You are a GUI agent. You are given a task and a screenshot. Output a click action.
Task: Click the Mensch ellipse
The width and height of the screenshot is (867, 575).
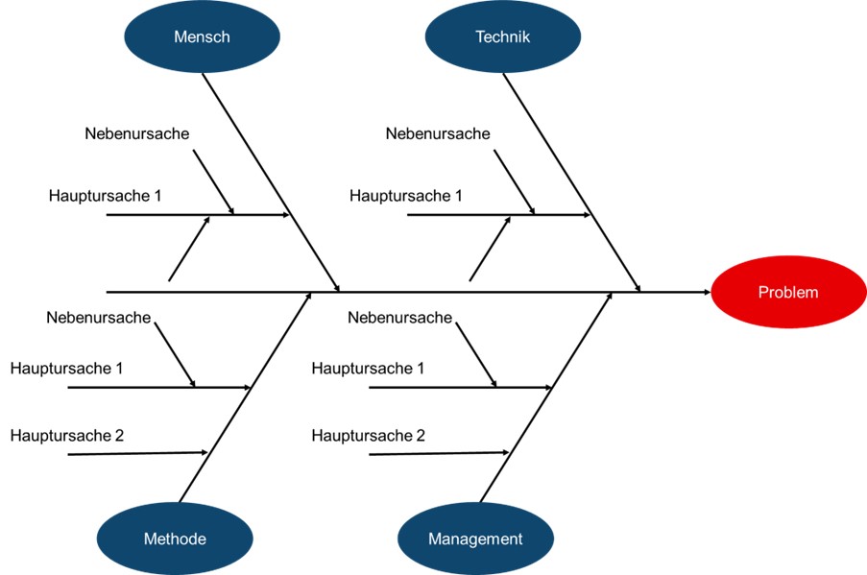click(202, 37)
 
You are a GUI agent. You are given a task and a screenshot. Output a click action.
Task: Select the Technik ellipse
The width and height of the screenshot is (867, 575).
click(502, 37)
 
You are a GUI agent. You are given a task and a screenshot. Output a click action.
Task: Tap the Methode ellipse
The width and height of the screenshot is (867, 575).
click(175, 539)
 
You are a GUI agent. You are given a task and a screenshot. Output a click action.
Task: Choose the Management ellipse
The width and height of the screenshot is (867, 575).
click(475, 539)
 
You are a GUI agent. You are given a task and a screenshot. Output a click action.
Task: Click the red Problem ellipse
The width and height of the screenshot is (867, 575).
click(787, 293)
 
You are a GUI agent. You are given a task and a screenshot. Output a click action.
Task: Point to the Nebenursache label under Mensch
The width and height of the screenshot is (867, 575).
click(136, 133)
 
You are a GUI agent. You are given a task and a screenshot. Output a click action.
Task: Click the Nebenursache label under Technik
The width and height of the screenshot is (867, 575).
click(438, 133)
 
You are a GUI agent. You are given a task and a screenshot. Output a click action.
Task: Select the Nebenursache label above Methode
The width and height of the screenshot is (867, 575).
click(98, 317)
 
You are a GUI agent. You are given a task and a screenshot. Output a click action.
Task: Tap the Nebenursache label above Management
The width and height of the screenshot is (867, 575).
click(399, 317)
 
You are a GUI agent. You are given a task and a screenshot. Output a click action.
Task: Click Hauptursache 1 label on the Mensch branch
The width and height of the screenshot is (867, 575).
click(105, 196)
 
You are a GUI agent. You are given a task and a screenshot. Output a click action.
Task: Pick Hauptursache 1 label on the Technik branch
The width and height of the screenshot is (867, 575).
click(405, 196)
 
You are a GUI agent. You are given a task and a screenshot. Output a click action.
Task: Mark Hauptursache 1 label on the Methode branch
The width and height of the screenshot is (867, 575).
click(66, 368)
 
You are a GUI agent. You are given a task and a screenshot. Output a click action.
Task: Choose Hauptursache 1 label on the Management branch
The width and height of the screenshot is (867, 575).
click(368, 368)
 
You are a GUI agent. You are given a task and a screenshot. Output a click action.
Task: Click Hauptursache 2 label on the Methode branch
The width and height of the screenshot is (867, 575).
click(66, 436)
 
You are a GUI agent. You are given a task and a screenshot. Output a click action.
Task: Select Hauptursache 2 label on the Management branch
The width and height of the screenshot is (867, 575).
click(368, 436)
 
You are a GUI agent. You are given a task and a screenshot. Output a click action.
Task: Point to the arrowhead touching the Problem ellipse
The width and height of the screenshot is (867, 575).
click(706, 291)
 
